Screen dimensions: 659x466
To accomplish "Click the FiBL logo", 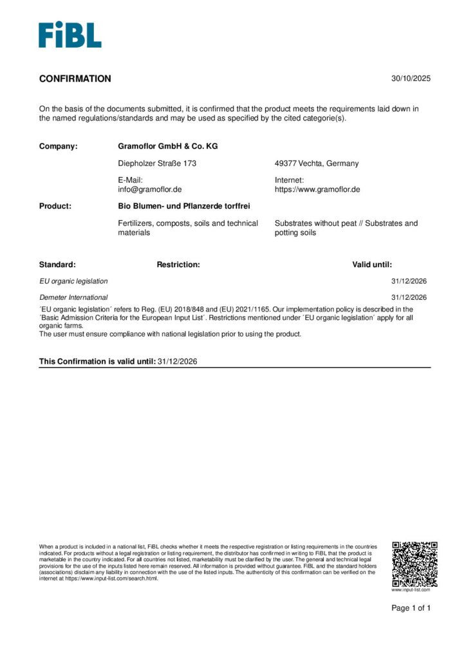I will tap(70, 35).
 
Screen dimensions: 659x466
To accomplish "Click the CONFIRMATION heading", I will tap(75, 79).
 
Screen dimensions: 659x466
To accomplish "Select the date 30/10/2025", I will tap(411, 79).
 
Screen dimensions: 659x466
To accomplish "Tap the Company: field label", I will tap(58, 146).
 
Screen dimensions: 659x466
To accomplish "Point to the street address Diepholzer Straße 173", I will tap(157, 163).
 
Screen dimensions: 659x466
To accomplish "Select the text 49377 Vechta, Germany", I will tap(317, 163).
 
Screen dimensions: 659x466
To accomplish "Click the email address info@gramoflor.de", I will tap(150, 189).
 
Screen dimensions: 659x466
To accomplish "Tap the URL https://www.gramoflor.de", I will tap(317, 189).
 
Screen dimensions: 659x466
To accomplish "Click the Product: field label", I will tap(55, 206).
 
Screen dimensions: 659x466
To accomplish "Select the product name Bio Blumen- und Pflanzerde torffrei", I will tap(183, 206).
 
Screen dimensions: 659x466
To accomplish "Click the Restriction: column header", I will tap(178, 265).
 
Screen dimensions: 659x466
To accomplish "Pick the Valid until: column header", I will tap(371, 265).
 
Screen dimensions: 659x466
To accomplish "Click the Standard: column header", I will tap(57, 265).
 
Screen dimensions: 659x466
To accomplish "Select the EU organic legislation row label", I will tap(73, 281).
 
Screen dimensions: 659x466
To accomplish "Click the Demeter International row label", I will tap(73, 297).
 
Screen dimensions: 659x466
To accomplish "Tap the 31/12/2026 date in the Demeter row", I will tap(409, 297).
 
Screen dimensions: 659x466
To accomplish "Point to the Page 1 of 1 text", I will tap(411, 608).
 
